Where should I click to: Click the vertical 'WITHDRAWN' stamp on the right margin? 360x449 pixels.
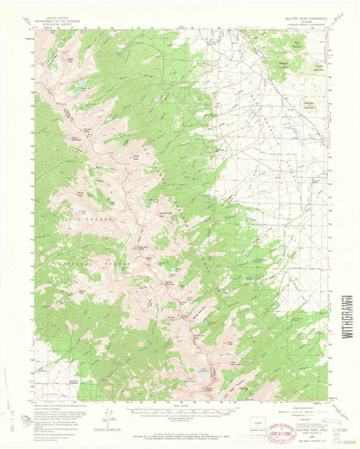(348, 311)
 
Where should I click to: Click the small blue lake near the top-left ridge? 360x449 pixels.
(72, 92)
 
